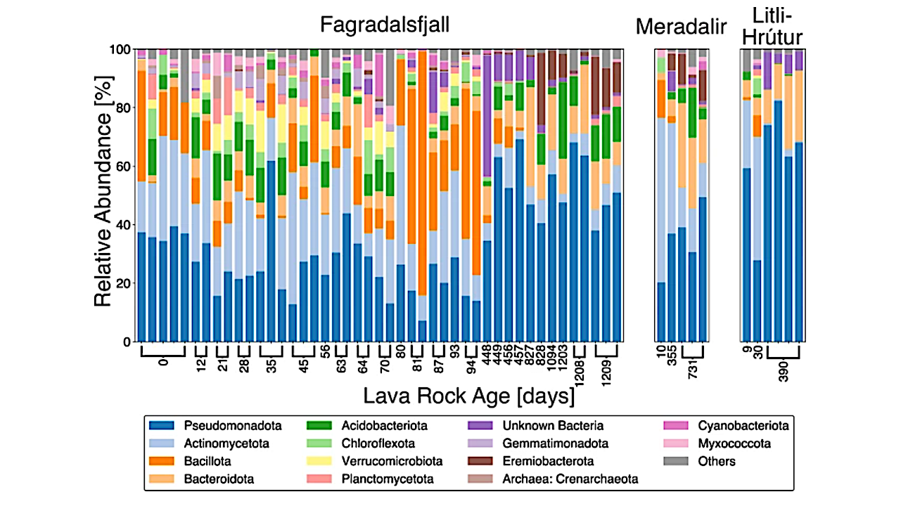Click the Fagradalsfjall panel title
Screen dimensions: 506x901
(384, 25)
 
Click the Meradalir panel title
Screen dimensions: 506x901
(680, 27)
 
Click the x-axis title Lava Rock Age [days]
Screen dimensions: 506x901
(468, 397)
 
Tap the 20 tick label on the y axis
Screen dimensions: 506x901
(120, 283)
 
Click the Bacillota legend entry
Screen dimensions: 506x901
(207, 462)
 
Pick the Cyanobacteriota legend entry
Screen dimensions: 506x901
(742, 426)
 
